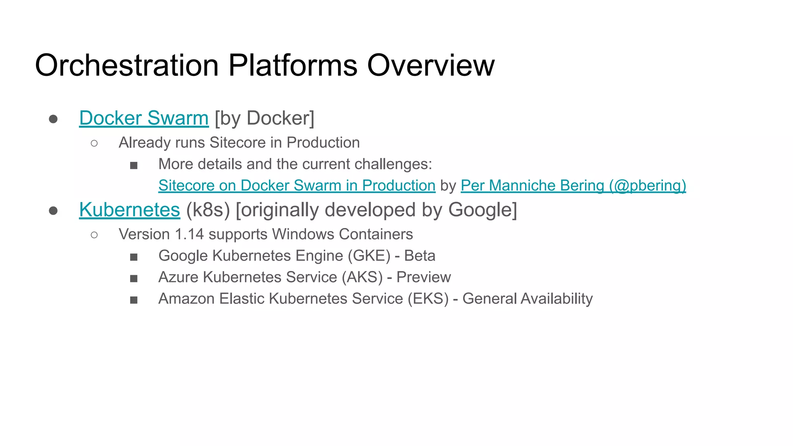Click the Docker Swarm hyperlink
pyautogui.click(x=144, y=118)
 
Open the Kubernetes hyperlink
pyautogui.click(x=129, y=210)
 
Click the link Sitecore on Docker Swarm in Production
pyautogui.click(x=297, y=185)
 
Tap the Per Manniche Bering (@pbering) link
pyautogui.click(x=573, y=185)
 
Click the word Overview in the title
pyautogui.click(x=431, y=65)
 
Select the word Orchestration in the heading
pyautogui.click(x=127, y=65)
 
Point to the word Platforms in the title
pyautogui.click(x=293, y=65)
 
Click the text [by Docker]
pyautogui.click(x=264, y=118)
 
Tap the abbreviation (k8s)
pyautogui.click(x=208, y=210)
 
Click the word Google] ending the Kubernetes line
pyautogui.click(x=482, y=210)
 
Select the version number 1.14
pyautogui.click(x=189, y=234)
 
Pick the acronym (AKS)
pyautogui.click(x=362, y=277)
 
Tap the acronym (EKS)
pyautogui.click(x=428, y=299)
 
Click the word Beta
pyautogui.click(x=420, y=256)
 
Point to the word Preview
pyautogui.click(x=424, y=277)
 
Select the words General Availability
pyautogui.click(x=527, y=299)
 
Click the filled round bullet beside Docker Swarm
pyautogui.click(x=53, y=119)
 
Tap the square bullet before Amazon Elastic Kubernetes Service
pyautogui.click(x=134, y=300)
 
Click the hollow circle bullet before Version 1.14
pyautogui.click(x=94, y=235)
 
